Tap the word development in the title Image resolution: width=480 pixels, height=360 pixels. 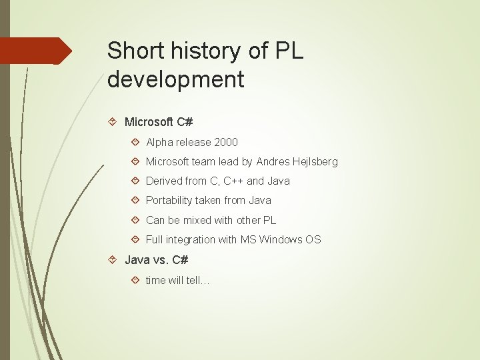tap(176, 80)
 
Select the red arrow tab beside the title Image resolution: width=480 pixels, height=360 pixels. tap(37, 51)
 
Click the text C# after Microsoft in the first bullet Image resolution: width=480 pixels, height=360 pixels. tap(185, 122)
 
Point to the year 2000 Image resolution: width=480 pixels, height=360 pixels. tap(225, 142)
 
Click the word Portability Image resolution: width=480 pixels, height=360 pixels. tap(169, 201)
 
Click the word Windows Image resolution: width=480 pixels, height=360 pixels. tap(281, 239)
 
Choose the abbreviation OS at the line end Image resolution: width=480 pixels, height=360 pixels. tap(313, 239)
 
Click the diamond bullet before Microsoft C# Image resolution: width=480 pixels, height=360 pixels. tap(113, 122)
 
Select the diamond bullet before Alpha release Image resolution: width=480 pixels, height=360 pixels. tap(135, 142)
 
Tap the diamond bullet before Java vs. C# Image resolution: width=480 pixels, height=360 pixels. tap(113, 259)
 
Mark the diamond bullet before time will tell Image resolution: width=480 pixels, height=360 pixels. tap(135, 280)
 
